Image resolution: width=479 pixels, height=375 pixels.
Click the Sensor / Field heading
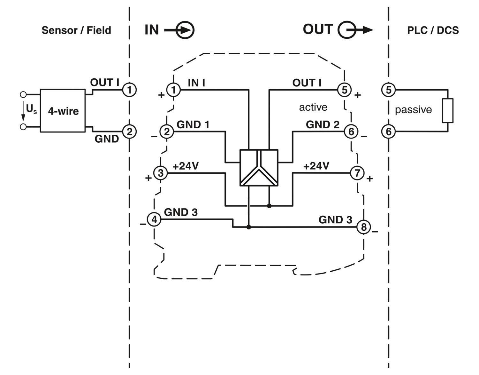76,30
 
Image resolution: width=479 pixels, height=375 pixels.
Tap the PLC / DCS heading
433,30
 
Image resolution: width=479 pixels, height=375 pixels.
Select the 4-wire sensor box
63,111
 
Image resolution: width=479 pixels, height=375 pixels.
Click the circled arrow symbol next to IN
186,30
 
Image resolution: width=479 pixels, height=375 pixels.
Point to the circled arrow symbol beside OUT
347,30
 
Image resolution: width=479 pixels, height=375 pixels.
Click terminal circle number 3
161,173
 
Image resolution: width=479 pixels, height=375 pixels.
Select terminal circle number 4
154,219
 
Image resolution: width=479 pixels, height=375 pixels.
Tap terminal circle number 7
357,173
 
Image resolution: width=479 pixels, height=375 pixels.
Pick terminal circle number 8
363,227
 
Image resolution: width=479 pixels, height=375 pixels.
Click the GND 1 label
193,124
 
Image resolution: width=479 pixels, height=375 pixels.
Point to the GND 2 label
323,124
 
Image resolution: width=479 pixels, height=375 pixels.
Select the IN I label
196,83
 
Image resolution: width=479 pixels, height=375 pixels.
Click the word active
313,107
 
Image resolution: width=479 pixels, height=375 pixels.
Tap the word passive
413,110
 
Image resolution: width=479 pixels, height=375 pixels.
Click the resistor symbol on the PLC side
448,111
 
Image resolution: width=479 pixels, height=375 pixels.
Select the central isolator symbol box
259,168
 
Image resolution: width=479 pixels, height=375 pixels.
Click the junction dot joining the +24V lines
269,206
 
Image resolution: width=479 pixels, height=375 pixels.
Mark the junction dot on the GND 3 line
249,227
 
